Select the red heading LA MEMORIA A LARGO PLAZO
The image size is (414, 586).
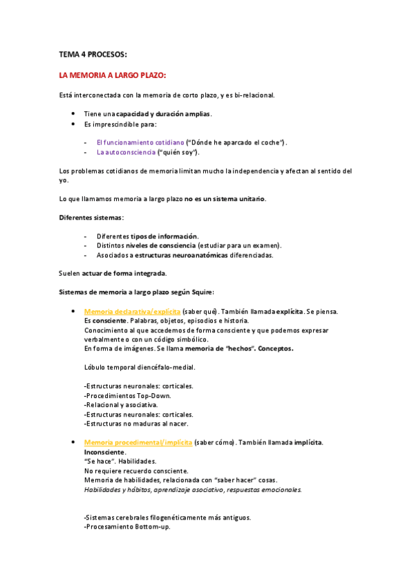[x=113, y=75]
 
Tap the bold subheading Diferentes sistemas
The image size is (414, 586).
[x=92, y=218]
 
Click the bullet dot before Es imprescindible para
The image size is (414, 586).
[x=73, y=124]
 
